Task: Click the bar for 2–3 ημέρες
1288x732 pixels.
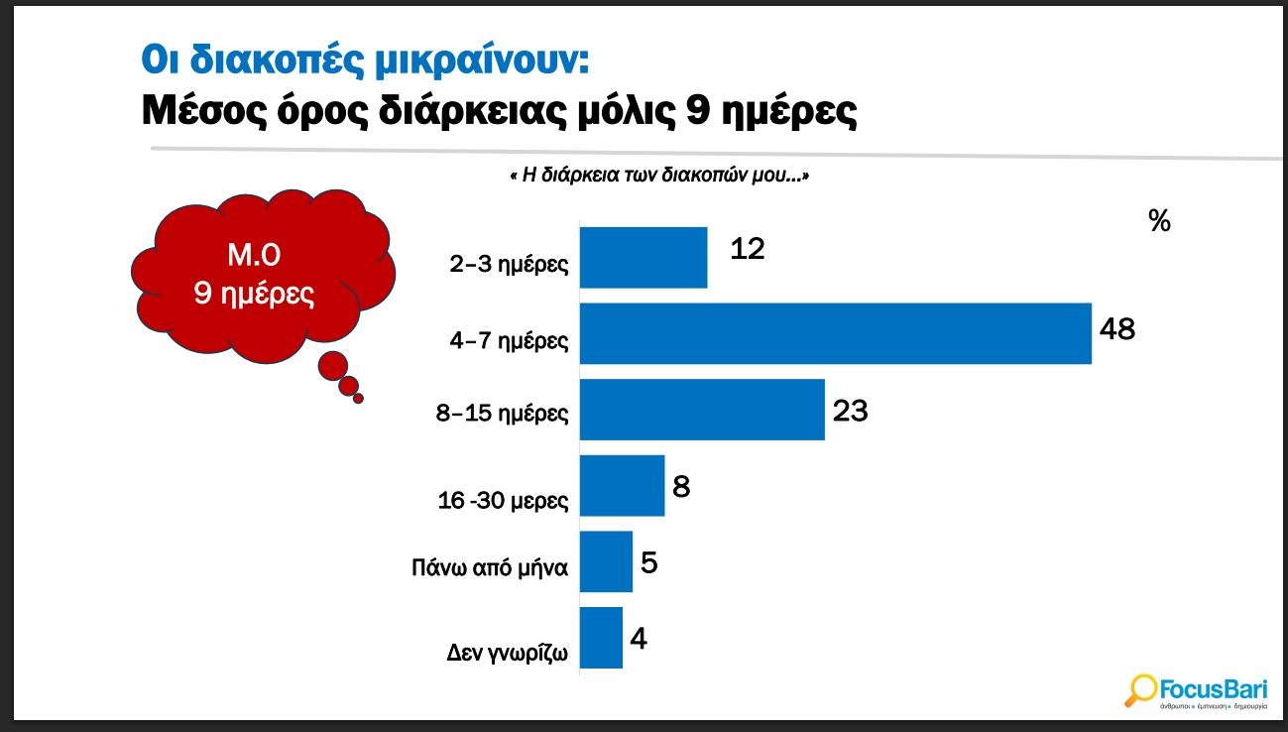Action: pyautogui.click(x=643, y=258)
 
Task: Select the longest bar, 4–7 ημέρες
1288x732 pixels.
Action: pyautogui.click(x=835, y=334)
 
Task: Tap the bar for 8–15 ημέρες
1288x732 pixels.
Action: pyautogui.click(x=702, y=410)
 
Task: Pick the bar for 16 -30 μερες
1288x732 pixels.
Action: pyautogui.click(x=622, y=486)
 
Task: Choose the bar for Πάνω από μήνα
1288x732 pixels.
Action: pyautogui.click(x=606, y=562)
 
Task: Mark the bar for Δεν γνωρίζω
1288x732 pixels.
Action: pyautogui.click(x=601, y=638)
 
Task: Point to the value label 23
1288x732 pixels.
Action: pyautogui.click(x=850, y=410)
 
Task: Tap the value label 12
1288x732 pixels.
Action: pyautogui.click(x=747, y=248)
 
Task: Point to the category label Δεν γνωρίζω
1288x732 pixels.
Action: pyautogui.click(x=507, y=655)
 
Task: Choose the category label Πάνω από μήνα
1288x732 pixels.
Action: pyautogui.click(x=490, y=569)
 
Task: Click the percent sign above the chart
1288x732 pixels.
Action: pyautogui.click(x=1159, y=221)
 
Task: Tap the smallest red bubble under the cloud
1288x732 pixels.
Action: pyautogui.click(x=359, y=399)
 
